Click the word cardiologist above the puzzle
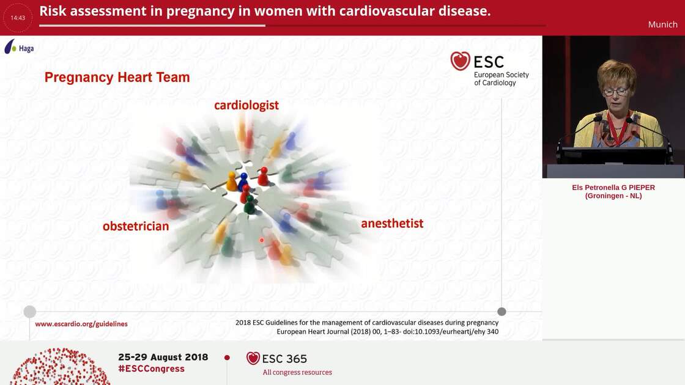246,105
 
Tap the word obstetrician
136,226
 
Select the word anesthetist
392,223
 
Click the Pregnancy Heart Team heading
117,78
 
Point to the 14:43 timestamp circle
18,18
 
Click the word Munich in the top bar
662,24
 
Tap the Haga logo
19,47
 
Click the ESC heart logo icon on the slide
460,61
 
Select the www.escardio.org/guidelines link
81,324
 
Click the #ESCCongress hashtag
151,369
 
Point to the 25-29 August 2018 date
163,357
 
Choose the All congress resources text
297,372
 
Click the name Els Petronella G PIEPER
613,188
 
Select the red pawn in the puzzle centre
263,176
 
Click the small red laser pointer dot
262,240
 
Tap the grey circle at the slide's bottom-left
29,312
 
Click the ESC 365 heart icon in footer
253,358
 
